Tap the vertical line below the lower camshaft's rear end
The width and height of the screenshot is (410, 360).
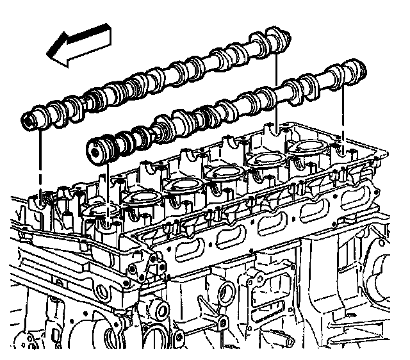coord(344,115)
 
